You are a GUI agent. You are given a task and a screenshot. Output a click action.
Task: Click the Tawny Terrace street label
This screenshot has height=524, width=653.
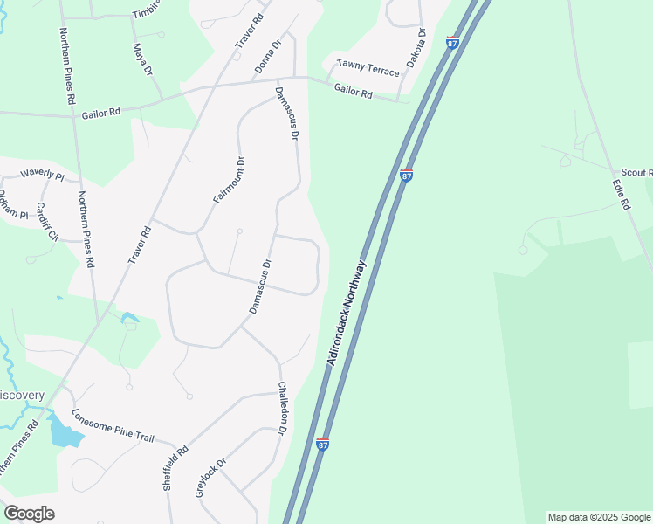(368, 68)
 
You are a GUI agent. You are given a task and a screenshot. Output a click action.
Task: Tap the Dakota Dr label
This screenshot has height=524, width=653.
(416, 48)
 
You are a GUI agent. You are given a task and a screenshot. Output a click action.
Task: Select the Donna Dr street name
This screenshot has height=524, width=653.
(269, 56)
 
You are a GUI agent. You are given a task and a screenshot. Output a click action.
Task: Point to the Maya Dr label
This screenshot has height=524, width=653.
(142, 59)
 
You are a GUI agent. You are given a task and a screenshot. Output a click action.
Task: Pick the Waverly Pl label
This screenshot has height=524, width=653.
(42, 175)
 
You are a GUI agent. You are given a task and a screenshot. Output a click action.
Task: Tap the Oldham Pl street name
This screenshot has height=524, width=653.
(12, 199)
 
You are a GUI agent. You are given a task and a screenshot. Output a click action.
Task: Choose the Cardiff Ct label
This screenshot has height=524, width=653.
(46, 222)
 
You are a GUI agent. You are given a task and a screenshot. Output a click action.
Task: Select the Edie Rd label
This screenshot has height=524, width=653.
(621, 195)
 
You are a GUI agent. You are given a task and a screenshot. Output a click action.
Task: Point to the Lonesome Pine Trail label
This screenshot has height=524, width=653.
(113, 425)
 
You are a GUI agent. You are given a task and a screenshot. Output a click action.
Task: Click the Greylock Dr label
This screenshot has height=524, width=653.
(211, 478)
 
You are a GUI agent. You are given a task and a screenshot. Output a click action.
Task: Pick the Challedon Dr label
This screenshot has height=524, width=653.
(282, 408)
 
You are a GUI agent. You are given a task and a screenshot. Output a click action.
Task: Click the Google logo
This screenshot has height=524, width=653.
(29, 514)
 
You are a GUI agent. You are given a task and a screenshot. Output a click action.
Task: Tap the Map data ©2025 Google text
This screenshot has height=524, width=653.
(600, 517)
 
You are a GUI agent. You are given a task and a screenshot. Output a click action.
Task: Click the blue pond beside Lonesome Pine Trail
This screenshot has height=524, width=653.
(63, 431)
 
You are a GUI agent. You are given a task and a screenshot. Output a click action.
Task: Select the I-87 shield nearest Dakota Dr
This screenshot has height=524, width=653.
(452, 42)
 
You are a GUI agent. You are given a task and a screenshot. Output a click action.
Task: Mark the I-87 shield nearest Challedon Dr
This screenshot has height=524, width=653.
(323, 445)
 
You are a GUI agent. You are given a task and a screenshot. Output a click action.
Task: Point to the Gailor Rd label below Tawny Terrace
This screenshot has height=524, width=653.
(354, 90)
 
